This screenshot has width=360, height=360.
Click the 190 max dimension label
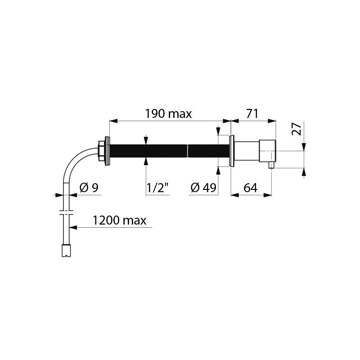(168, 114)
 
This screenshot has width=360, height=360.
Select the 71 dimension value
(252, 114)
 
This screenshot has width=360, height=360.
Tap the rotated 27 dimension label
(296, 129)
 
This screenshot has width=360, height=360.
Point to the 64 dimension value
(251, 188)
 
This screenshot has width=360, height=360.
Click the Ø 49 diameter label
(203, 188)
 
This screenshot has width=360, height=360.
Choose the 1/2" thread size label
(158, 188)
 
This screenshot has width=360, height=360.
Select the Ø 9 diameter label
(89, 188)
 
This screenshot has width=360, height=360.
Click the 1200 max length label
(119, 220)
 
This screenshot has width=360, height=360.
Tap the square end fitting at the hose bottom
(66, 251)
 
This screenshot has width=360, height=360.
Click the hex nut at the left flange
(101, 151)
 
